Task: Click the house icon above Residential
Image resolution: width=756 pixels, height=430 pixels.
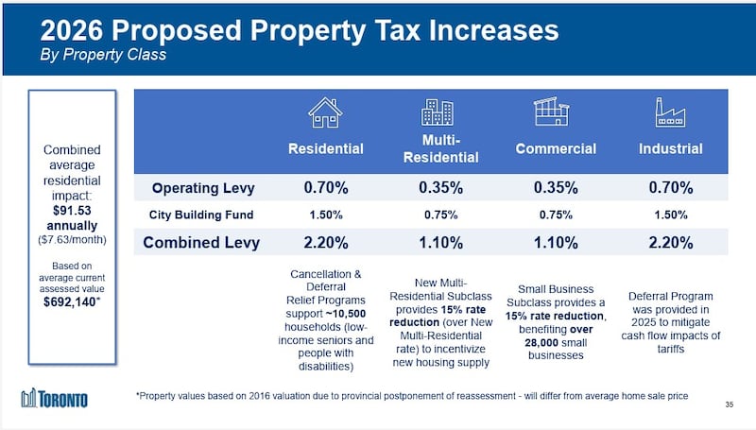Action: (x=325, y=112)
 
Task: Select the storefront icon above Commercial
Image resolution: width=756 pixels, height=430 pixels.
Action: (x=553, y=112)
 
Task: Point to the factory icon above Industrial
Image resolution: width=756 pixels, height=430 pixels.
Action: (x=669, y=112)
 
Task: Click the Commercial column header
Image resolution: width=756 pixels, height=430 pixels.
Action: (x=556, y=148)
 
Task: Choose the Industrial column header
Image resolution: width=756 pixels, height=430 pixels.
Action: (x=670, y=148)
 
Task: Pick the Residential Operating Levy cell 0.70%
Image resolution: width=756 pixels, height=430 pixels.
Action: (x=326, y=187)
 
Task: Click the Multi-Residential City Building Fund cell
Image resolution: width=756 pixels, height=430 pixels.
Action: (x=440, y=215)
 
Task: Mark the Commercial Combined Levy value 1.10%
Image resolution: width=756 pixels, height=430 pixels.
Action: (x=556, y=243)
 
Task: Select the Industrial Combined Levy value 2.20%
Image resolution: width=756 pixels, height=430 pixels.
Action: (x=670, y=243)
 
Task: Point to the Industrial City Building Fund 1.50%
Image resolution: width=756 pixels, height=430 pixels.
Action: (x=670, y=215)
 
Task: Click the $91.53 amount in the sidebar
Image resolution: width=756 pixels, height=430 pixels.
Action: (x=72, y=211)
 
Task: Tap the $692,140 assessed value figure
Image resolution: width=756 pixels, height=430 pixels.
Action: (x=71, y=302)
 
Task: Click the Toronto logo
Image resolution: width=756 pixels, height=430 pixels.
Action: (x=55, y=399)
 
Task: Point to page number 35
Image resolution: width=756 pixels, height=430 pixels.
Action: (x=729, y=405)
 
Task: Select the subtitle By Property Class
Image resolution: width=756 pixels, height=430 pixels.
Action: (x=104, y=55)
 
